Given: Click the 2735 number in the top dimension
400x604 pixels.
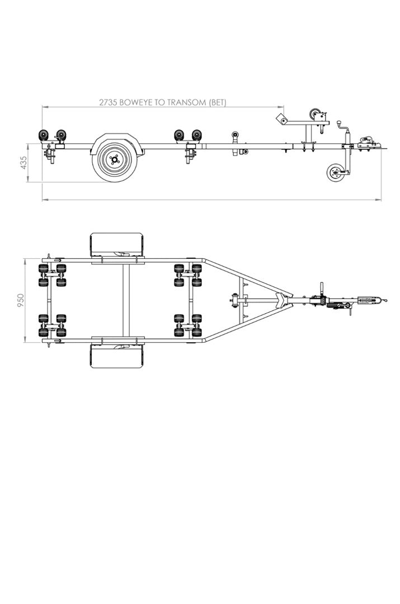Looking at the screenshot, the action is point(109,102).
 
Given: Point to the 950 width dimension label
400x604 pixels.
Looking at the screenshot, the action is point(21,300).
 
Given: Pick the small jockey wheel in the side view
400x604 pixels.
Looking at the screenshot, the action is point(335,172).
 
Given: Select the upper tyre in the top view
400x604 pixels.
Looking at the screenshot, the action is point(117,244).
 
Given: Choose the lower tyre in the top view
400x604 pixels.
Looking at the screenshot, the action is point(117,356).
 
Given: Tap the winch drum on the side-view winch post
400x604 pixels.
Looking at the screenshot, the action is point(315,115).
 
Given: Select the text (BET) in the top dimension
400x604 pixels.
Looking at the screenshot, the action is point(217,102).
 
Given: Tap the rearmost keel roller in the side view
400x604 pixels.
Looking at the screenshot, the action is point(43,135).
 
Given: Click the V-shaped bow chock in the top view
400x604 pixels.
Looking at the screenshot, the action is point(281,300).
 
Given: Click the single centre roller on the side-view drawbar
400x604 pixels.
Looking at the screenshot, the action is point(234,135).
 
